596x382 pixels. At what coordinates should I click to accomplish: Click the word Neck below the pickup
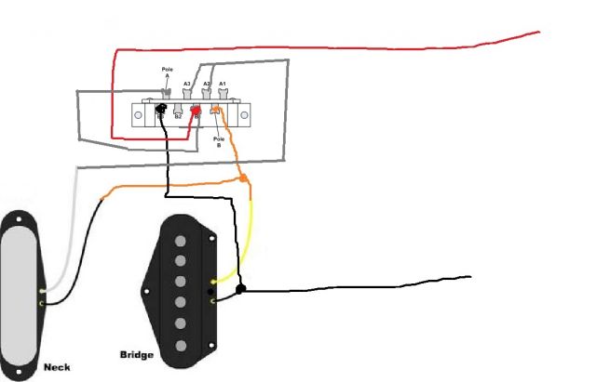pos(57,368)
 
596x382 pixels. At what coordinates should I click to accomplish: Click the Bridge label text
pos(137,354)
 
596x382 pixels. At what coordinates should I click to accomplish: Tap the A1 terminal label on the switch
pos(223,83)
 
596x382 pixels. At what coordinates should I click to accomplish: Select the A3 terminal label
pos(186,83)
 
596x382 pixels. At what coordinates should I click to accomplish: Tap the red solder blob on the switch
pos(196,112)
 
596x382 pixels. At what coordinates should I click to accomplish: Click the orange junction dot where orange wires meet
pos(243,178)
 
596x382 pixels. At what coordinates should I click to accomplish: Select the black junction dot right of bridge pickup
pos(240,290)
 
